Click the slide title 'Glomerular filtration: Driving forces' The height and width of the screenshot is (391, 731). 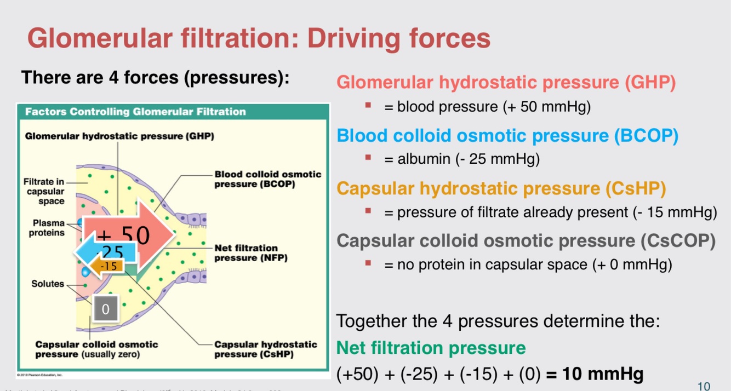258,39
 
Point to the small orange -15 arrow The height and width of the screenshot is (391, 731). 106,267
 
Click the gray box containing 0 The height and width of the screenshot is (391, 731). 106,309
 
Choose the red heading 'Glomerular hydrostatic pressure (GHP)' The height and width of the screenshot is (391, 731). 505,83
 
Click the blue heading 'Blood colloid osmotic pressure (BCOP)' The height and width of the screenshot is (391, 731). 507,135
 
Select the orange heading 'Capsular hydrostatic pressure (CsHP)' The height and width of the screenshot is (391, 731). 501,188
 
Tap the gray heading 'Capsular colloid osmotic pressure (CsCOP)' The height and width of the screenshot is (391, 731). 526,241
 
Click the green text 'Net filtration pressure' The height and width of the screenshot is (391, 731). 431,348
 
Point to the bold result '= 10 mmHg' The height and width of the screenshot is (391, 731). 595,374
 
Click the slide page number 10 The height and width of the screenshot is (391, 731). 704,386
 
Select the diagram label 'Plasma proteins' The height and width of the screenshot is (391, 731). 47,228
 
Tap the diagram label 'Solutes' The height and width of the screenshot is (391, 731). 48,284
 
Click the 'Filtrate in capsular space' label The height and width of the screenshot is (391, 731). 44,191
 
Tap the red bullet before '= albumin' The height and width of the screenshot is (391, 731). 368,158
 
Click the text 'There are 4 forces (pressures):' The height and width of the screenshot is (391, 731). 155,78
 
